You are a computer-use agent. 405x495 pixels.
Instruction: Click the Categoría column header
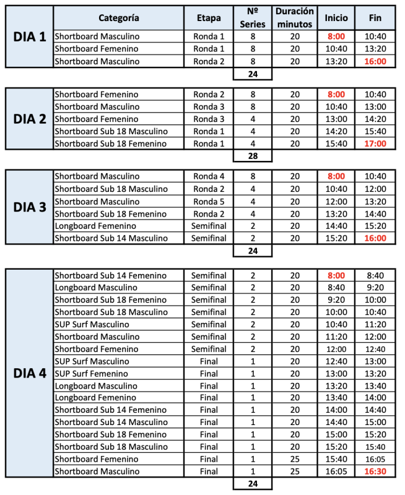[118, 18]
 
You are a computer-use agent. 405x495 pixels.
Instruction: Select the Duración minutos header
[295, 18]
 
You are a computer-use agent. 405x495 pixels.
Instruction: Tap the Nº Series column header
[252, 18]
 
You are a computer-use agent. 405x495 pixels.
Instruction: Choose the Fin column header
[375, 18]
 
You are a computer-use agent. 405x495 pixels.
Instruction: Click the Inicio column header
[336, 18]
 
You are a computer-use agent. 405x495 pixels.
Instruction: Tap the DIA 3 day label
[30, 207]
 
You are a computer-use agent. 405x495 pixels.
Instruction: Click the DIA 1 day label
[30, 37]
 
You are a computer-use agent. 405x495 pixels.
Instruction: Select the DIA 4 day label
[30, 374]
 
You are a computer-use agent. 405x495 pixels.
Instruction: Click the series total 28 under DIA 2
[252, 155]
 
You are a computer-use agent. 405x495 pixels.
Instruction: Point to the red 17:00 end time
[375, 144]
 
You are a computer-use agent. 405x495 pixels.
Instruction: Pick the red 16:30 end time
[375, 471]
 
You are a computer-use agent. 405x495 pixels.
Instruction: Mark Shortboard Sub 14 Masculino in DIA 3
[111, 238]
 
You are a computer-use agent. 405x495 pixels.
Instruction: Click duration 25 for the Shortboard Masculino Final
[295, 471]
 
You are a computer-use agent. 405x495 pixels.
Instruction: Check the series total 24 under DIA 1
[252, 74]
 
